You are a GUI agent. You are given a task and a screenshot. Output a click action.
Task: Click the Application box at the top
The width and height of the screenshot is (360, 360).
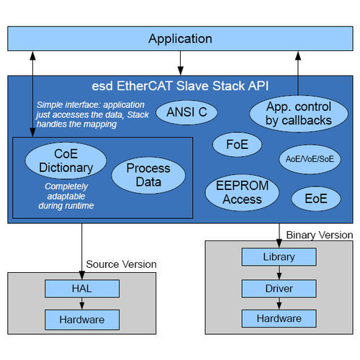point(180,38)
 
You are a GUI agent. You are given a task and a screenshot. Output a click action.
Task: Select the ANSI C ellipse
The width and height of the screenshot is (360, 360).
point(186,112)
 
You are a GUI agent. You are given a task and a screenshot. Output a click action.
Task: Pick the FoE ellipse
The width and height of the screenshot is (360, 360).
point(232,145)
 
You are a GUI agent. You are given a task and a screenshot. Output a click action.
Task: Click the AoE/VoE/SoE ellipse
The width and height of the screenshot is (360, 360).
point(310,158)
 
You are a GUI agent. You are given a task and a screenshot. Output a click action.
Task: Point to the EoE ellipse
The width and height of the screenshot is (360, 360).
point(315,197)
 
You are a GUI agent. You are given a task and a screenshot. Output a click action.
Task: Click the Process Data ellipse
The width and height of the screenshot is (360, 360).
point(148,175)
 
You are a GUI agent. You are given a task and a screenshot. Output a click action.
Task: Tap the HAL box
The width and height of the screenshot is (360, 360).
point(81,288)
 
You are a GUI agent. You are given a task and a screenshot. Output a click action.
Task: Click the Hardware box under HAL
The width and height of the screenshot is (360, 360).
point(81,319)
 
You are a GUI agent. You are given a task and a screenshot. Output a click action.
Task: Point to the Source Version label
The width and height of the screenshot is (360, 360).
point(121,264)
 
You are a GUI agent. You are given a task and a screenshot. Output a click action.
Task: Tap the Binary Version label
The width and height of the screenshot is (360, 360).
point(319,235)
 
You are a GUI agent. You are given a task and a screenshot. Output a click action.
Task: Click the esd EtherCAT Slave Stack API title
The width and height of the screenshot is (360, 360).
point(179,86)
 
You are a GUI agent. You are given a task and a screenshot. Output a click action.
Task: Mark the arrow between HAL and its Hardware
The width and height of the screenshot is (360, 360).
point(81,303)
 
